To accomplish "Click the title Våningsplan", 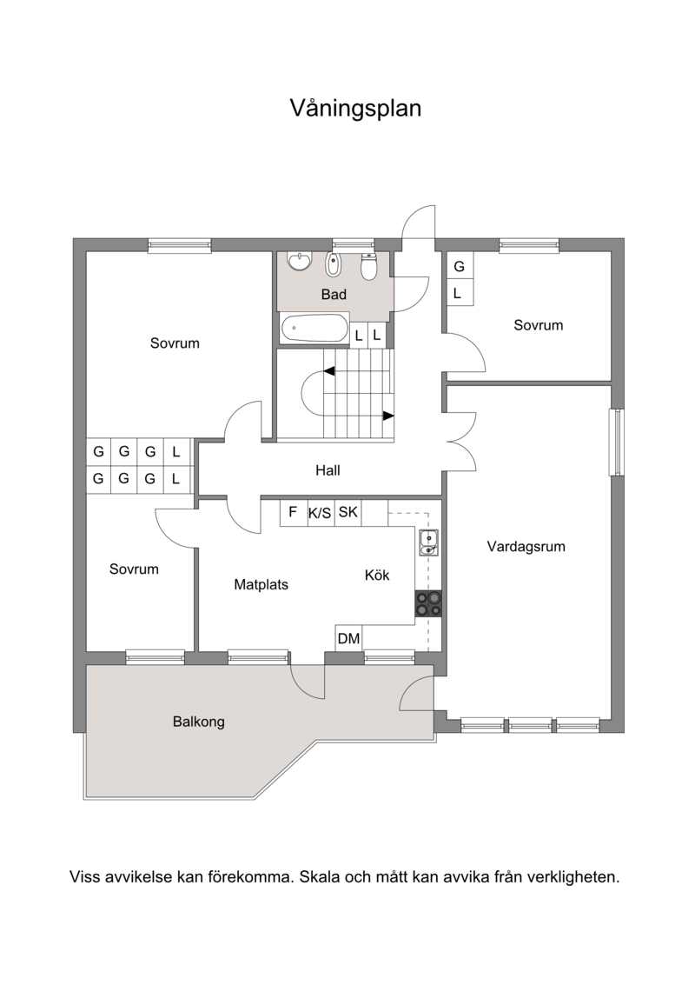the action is [355, 109].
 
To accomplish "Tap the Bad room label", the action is [334, 294].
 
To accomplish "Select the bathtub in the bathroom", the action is [314, 329].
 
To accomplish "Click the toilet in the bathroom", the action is [368, 267].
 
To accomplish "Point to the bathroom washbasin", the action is [299, 261].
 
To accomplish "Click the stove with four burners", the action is [428, 603].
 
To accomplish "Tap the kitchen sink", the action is [428, 542].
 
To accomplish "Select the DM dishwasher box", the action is [348, 639].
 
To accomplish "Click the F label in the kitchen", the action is [293, 512].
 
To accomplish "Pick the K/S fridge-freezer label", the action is [320, 513].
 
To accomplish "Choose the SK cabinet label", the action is [347, 512].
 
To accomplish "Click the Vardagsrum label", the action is [526, 547].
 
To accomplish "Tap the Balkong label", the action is [198, 722].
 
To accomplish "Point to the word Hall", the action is [328, 469].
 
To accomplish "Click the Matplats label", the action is [261, 585].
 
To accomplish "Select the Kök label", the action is [377, 575].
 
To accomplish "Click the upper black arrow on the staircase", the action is [329, 372].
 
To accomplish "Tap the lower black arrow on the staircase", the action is [388, 416].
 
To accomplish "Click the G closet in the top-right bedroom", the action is [459, 266].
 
